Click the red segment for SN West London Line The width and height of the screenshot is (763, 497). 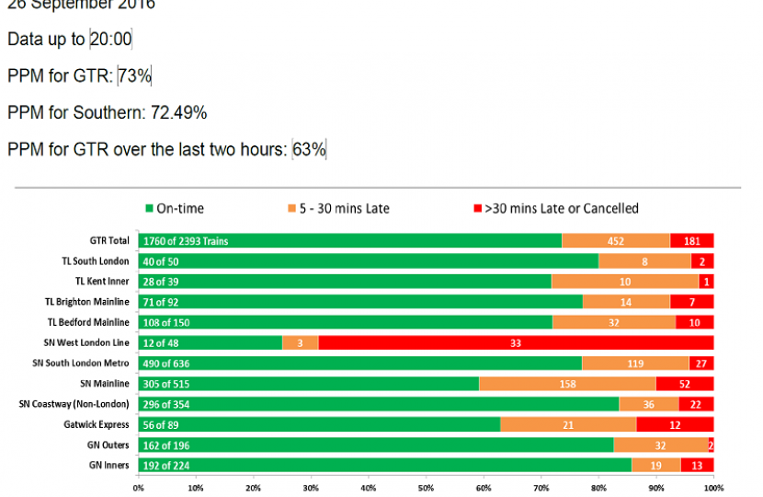tap(516, 342)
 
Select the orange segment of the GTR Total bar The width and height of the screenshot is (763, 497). tap(616, 241)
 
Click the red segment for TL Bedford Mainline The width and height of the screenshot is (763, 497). tap(695, 322)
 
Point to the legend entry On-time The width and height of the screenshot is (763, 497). tap(176, 209)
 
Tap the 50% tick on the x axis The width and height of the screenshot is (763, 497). tap(426, 488)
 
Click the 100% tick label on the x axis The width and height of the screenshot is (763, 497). tap(713, 488)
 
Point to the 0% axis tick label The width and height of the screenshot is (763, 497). tap(138, 488)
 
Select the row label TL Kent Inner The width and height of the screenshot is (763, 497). tap(102, 282)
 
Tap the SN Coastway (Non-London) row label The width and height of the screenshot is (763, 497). tap(74, 404)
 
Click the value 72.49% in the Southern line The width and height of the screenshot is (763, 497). tap(178, 112)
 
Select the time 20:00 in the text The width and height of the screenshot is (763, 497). tap(111, 40)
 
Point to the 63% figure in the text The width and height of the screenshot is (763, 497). tap(310, 149)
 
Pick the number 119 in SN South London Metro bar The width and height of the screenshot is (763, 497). tap(634, 363)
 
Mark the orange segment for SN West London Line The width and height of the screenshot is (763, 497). tap(301, 342)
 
